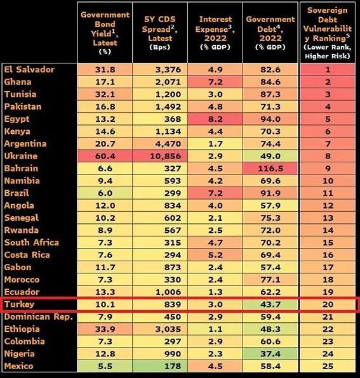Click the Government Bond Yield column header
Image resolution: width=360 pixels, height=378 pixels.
[105, 32]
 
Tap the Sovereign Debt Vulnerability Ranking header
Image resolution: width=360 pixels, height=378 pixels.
[328, 32]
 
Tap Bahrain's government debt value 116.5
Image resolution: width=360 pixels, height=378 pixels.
[270, 169]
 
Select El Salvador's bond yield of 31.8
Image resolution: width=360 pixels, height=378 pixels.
[105, 70]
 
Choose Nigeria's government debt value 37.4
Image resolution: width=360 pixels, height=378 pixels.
[270, 354]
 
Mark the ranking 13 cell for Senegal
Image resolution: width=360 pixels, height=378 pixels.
[328, 218]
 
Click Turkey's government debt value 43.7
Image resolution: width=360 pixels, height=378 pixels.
[270, 304]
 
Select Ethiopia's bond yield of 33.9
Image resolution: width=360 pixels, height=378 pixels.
[105, 329]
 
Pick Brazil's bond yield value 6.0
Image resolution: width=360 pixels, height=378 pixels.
[105, 193]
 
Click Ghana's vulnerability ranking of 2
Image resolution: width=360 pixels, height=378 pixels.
[328, 82]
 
